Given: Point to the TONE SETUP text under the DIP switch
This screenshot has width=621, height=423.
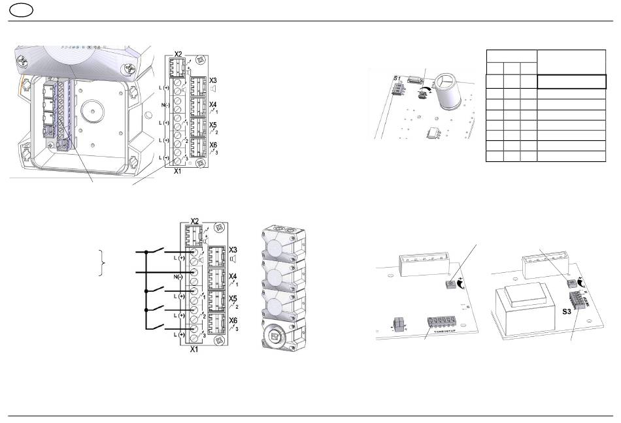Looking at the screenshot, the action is pyautogui.click(x=444, y=331).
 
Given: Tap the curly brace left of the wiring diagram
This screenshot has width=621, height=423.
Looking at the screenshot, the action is pyautogui.click(x=100, y=262).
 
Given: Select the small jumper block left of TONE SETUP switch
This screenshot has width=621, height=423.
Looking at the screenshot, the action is pyautogui.click(x=396, y=324).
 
